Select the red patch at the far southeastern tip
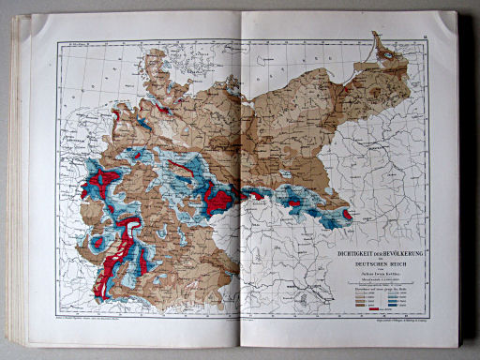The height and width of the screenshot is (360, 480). click(x=347, y=215)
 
